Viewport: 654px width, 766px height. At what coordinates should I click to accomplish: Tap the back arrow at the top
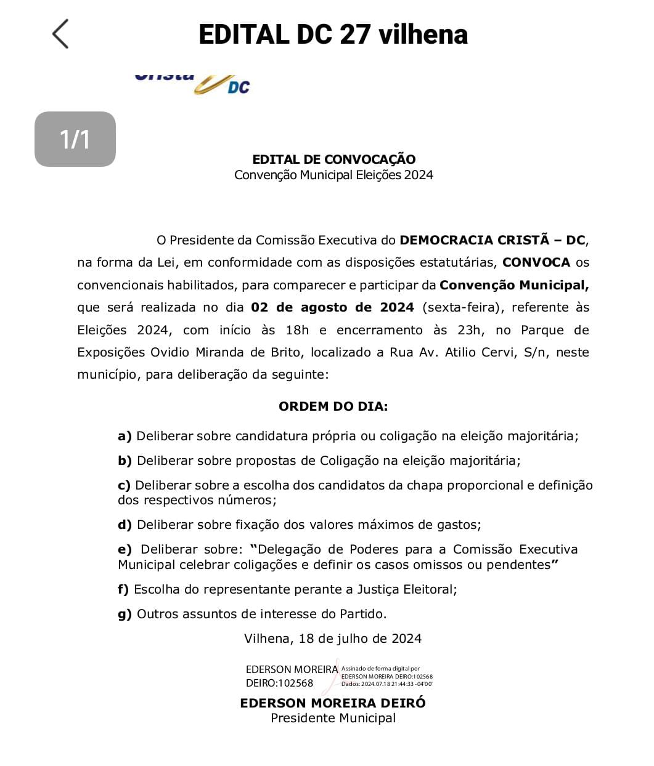(60, 34)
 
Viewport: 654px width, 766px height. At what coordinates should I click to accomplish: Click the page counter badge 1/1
(75, 139)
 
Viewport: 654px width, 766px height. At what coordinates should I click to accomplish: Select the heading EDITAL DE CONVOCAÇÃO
(333, 159)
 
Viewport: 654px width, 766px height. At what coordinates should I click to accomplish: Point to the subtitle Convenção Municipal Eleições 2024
(333, 175)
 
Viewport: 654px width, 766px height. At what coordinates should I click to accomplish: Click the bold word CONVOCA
(536, 262)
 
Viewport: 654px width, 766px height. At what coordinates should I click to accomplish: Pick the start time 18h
(296, 330)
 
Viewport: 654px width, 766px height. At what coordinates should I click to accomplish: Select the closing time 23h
(468, 330)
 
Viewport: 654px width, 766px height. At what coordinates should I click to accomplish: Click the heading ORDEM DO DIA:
(333, 406)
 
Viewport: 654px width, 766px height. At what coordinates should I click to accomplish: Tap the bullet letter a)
(125, 436)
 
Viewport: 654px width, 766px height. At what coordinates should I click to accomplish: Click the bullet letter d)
(125, 525)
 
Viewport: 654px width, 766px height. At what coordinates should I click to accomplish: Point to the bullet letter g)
(125, 614)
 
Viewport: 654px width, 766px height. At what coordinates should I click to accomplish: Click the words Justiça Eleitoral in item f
(406, 589)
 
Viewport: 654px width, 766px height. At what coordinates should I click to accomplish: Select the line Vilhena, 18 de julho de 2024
(333, 639)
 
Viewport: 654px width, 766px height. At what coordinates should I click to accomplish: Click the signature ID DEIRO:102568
(279, 683)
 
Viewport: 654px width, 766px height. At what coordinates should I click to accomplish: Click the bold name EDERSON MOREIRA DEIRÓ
(333, 703)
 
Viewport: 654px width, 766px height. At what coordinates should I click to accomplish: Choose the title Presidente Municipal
(333, 718)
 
